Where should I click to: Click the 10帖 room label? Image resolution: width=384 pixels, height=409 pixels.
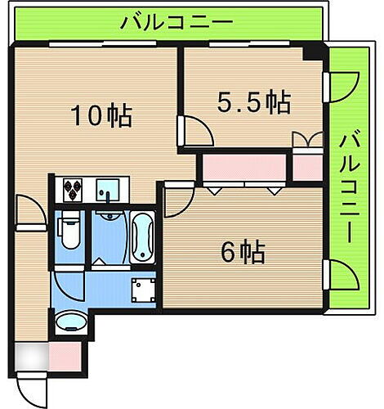100,115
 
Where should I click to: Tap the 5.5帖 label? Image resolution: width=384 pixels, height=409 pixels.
253,102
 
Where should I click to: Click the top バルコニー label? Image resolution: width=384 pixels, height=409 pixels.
176,21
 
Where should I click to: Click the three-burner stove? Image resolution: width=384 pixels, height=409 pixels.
73,190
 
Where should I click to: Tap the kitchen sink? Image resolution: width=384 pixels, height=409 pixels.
107,190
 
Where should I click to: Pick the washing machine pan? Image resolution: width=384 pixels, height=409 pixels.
145,290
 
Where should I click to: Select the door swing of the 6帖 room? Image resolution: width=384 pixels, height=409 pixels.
176,199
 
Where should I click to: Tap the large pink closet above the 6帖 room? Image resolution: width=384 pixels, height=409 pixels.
243,168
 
